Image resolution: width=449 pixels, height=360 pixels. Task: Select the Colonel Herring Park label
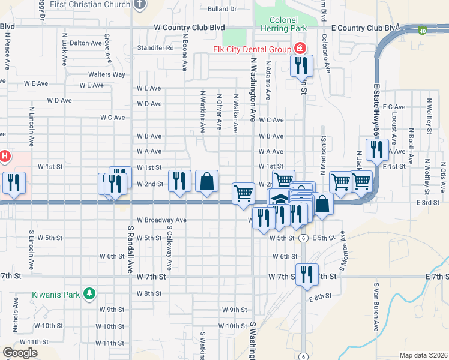pos(283,23)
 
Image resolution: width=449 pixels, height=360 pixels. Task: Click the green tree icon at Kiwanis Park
pos(89,293)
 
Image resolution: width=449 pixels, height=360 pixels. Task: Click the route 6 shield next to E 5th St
pos(304,238)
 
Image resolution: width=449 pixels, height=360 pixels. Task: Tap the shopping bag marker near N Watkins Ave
pos(206,181)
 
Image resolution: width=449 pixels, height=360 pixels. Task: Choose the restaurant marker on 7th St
pos(307,274)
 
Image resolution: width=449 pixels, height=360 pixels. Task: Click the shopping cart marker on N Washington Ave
pos(243,193)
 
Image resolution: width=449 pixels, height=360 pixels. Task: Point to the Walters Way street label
pos(107,74)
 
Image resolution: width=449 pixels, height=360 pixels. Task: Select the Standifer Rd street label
pos(155,47)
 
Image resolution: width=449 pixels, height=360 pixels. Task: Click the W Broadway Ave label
pos(161,220)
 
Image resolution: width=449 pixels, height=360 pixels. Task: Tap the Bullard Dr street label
pos(221,9)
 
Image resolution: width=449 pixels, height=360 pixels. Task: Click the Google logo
pos(20,353)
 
